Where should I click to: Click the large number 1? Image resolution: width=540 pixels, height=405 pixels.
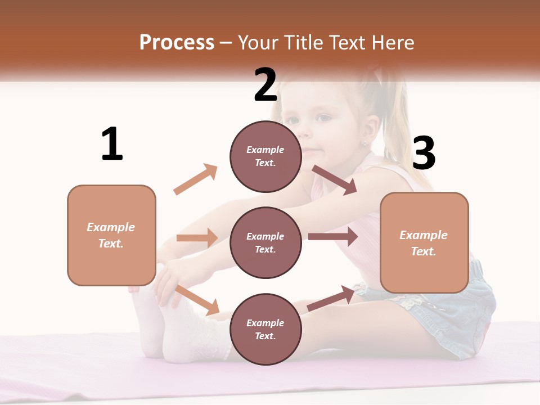tap(112, 145)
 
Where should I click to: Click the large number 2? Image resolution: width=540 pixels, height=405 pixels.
tap(265, 85)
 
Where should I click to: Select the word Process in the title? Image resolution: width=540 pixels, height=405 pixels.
tap(177, 42)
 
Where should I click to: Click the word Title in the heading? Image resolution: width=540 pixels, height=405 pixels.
tap(304, 42)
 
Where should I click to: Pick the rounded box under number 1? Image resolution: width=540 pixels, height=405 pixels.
tap(111, 235)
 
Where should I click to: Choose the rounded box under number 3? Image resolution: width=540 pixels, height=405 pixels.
tap(424, 242)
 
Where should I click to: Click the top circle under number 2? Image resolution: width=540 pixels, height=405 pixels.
tap(265, 156)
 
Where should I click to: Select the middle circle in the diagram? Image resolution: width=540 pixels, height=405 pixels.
tap(265, 242)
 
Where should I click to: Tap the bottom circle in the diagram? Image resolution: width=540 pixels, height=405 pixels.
tap(265, 329)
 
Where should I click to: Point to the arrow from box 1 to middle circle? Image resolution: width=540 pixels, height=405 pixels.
tap(197, 238)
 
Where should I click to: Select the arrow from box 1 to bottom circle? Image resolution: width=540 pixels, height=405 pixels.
tap(197, 300)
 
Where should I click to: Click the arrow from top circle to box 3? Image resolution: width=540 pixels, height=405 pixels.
tap(335, 180)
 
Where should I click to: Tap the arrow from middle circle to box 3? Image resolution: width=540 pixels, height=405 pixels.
tap(333, 237)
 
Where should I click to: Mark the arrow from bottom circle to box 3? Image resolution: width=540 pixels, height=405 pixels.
tap(332, 298)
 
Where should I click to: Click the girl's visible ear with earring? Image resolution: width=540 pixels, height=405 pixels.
tap(365, 136)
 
